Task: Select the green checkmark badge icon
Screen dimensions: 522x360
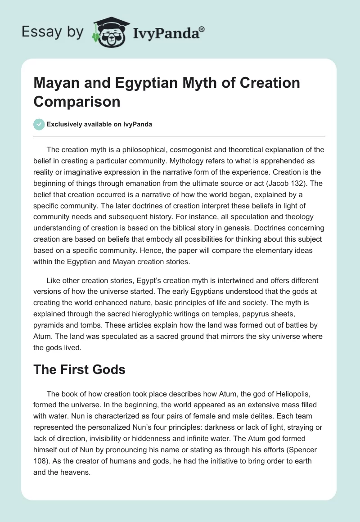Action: pyautogui.click(x=39, y=125)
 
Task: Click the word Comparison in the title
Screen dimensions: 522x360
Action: pyautogui.click(x=77, y=101)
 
